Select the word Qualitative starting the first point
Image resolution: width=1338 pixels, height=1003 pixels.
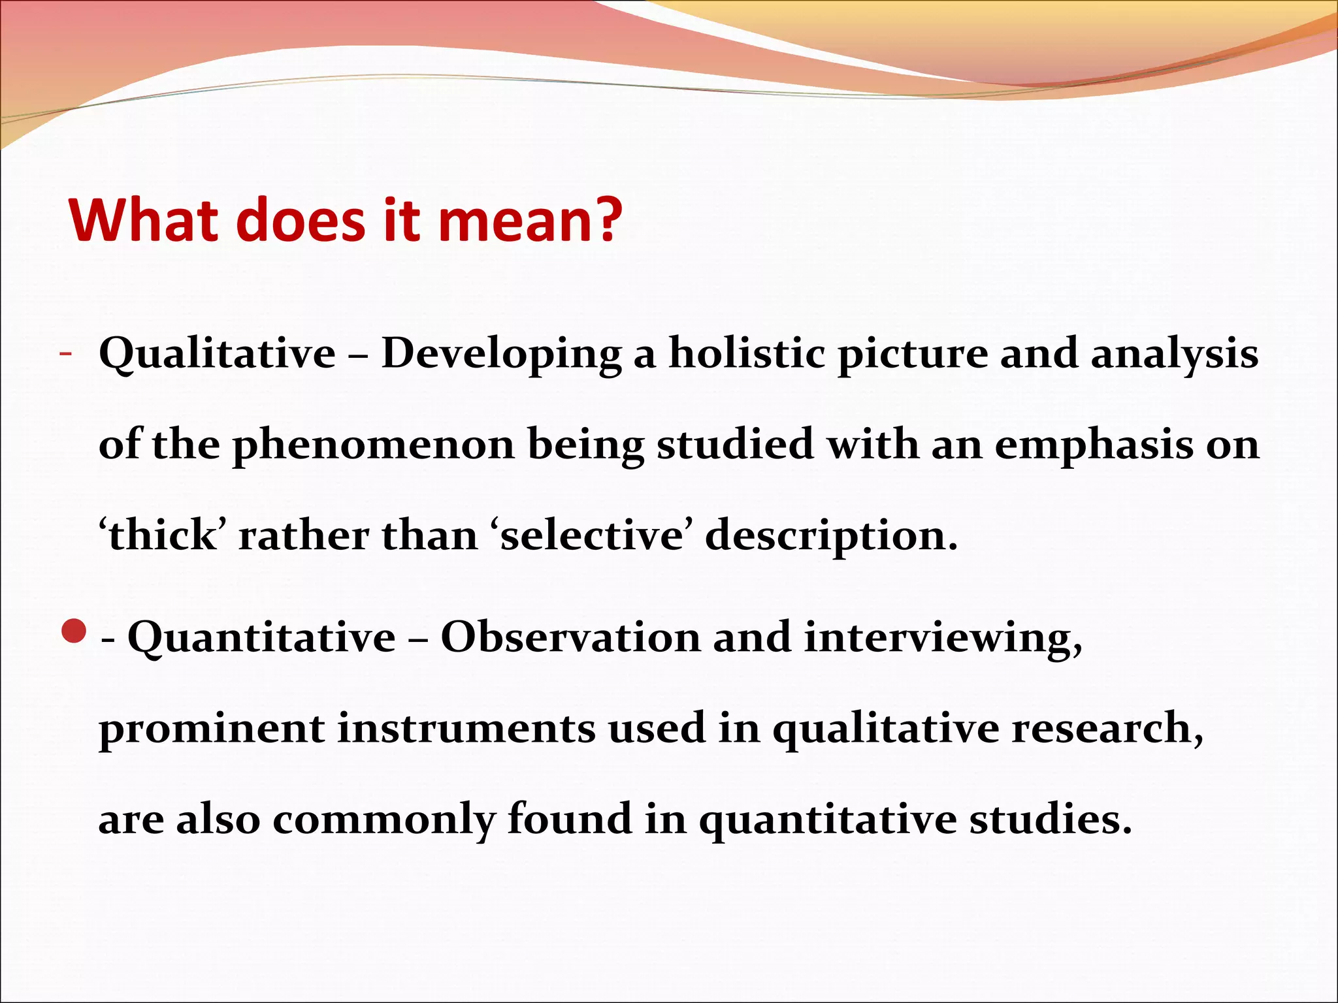pyautogui.click(x=217, y=354)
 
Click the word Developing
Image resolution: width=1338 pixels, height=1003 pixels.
pyautogui.click(x=501, y=354)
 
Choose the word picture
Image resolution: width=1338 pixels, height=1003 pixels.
pyautogui.click(x=913, y=354)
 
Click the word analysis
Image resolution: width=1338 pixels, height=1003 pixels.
pyautogui.click(x=1174, y=354)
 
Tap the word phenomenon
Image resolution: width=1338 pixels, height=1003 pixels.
pyautogui.click(x=374, y=445)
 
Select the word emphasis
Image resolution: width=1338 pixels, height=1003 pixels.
pyautogui.click(x=1094, y=445)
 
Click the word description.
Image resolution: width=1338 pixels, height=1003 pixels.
pyautogui.click(x=831, y=537)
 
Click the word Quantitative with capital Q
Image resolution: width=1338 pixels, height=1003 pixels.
pyautogui.click(x=261, y=637)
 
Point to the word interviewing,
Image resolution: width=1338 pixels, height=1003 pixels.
pyautogui.click(x=943, y=637)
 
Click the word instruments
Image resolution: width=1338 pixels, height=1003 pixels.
pyautogui.click(x=466, y=728)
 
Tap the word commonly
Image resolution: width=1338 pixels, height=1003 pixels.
pyautogui.click(x=383, y=820)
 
